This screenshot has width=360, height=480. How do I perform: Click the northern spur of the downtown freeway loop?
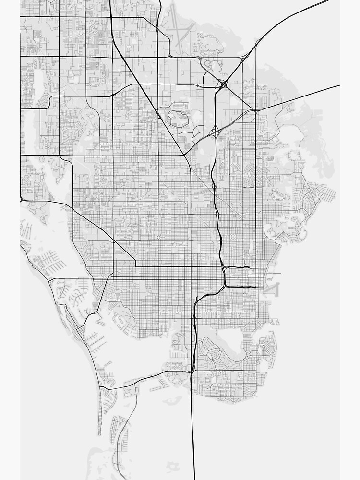coord(240,267)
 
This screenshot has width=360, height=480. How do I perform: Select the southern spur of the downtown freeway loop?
coord(240,287)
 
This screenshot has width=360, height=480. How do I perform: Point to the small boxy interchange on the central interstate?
coord(214,186)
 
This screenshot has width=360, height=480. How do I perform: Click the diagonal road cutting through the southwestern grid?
coord(98,226)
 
